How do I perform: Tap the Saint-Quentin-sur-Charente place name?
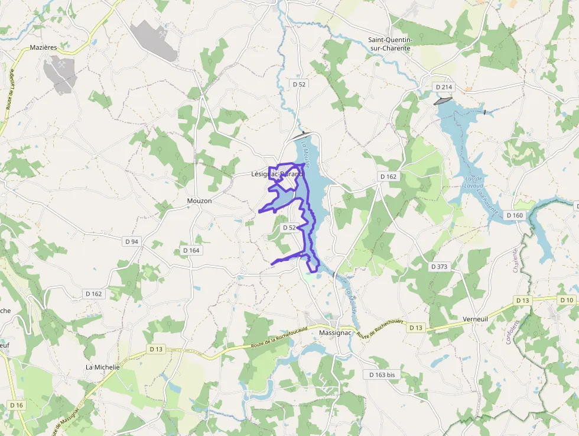(389, 44)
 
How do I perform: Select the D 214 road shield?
(444, 87)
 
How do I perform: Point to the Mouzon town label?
(199, 201)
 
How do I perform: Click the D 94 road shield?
(132, 241)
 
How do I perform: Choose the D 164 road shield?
(191, 250)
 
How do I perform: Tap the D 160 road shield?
(515, 215)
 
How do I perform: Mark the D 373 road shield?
(439, 266)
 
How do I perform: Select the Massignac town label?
(335, 332)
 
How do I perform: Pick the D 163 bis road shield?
(382, 374)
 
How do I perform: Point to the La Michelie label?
(103, 367)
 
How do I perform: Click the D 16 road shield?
(17, 405)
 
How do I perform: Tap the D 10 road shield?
(566, 300)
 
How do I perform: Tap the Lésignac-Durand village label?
(277, 175)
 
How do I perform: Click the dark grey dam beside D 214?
(443, 101)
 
